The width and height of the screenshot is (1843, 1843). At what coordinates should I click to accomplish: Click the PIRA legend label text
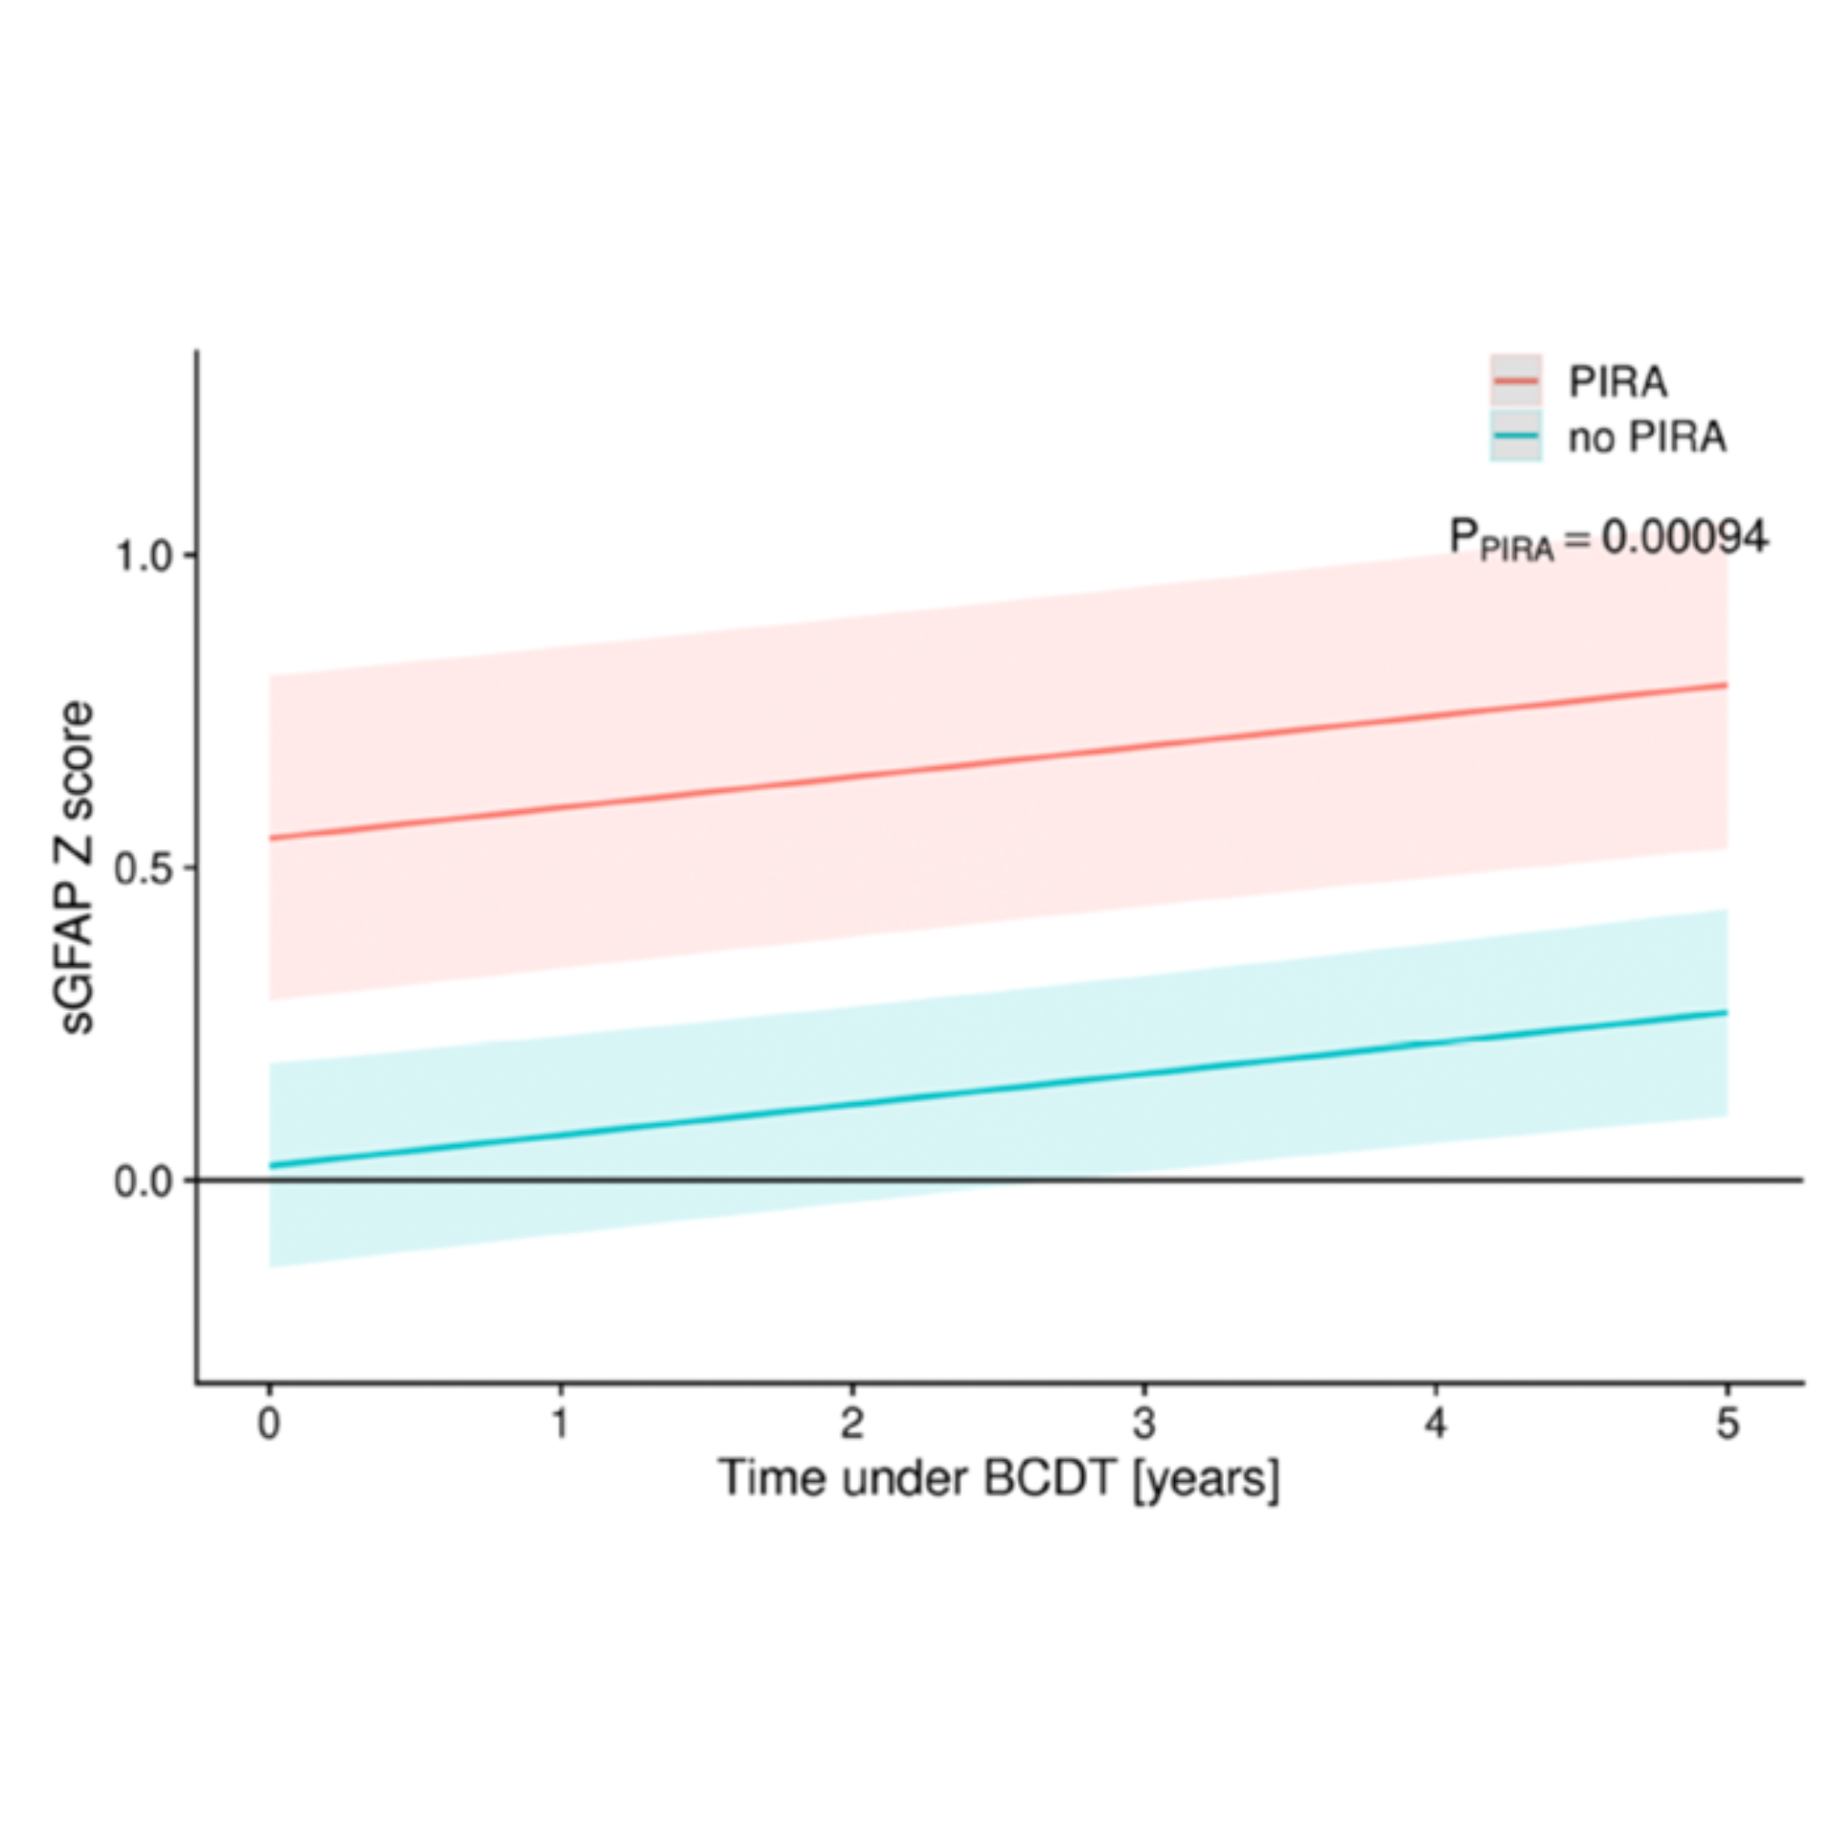(x=1618, y=381)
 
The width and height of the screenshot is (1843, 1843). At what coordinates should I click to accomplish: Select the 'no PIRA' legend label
(x=1647, y=438)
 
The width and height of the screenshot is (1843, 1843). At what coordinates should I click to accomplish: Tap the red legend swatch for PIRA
(x=1515, y=380)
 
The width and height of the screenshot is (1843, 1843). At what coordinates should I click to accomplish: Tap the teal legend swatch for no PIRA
(x=1515, y=436)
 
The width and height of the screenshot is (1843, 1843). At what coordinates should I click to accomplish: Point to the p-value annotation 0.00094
(x=1608, y=540)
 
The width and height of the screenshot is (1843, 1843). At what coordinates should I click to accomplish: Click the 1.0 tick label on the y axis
(x=143, y=555)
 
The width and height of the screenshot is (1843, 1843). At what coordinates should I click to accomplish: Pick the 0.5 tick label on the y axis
(x=143, y=868)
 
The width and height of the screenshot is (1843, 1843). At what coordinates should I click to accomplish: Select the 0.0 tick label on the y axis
(x=143, y=1182)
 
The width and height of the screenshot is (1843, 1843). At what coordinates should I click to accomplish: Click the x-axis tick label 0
(x=269, y=1424)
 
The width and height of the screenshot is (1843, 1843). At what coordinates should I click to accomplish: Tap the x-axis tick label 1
(x=561, y=1424)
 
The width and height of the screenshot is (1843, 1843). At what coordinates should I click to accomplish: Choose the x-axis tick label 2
(x=852, y=1424)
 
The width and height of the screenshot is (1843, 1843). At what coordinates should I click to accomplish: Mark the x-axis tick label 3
(x=1144, y=1424)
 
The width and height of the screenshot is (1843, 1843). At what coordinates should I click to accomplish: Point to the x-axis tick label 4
(x=1435, y=1424)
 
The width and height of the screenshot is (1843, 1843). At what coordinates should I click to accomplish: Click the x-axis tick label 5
(x=1727, y=1424)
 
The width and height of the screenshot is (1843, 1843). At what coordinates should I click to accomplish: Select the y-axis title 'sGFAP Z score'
(x=76, y=867)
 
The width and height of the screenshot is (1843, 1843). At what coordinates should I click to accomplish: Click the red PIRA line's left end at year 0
(x=271, y=837)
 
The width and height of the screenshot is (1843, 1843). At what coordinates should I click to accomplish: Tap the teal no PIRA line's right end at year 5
(x=1726, y=1012)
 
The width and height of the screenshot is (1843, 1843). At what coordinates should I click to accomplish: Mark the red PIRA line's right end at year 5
(x=1726, y=685)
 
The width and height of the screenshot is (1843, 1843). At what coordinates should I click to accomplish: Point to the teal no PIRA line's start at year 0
(x=271, y=1166)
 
